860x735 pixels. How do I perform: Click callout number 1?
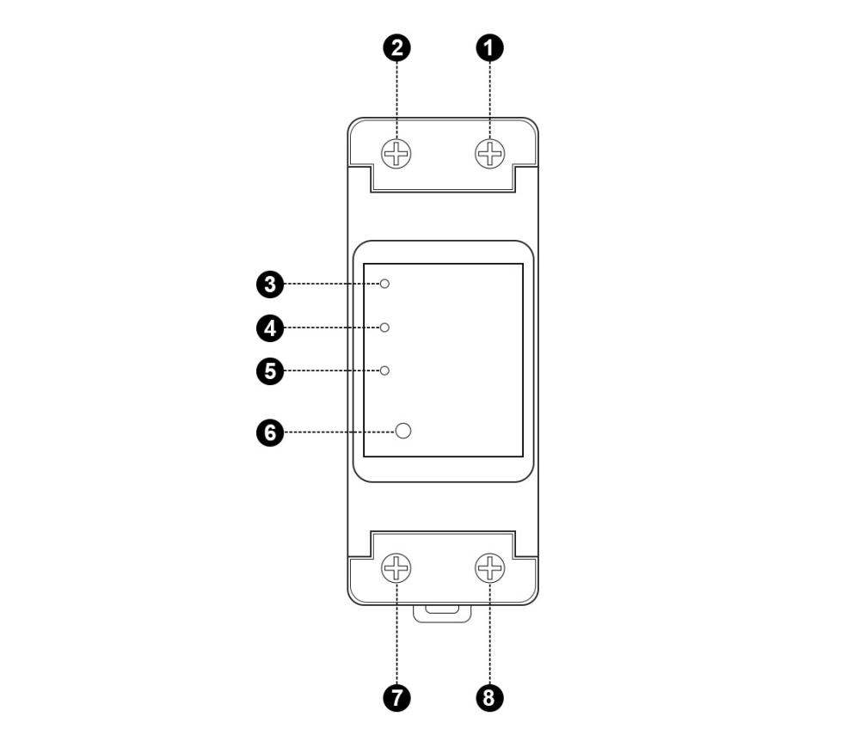489,47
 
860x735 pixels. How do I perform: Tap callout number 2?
396,47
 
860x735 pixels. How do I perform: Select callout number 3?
270,285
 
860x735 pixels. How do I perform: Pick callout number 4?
270,328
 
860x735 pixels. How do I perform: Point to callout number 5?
270,371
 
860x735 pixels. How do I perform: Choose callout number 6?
270,432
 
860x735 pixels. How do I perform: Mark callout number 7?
396,698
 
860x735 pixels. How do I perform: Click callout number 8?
489,698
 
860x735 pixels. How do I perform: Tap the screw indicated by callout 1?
490,154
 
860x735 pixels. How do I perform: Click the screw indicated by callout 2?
396,154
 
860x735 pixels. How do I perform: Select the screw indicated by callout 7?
396,567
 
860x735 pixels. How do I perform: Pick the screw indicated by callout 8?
490,567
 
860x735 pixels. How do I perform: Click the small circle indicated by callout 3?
385,284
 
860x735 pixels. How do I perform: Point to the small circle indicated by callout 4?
385,328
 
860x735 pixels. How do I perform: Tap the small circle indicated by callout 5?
385,371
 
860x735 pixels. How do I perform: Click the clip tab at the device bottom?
442,613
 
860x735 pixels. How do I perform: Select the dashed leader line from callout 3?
332,284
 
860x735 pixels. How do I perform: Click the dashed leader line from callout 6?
340,432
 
